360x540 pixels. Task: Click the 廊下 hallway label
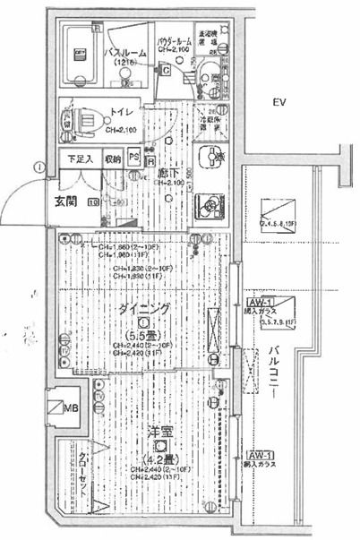pyautogui.click(x=167, y=172)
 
